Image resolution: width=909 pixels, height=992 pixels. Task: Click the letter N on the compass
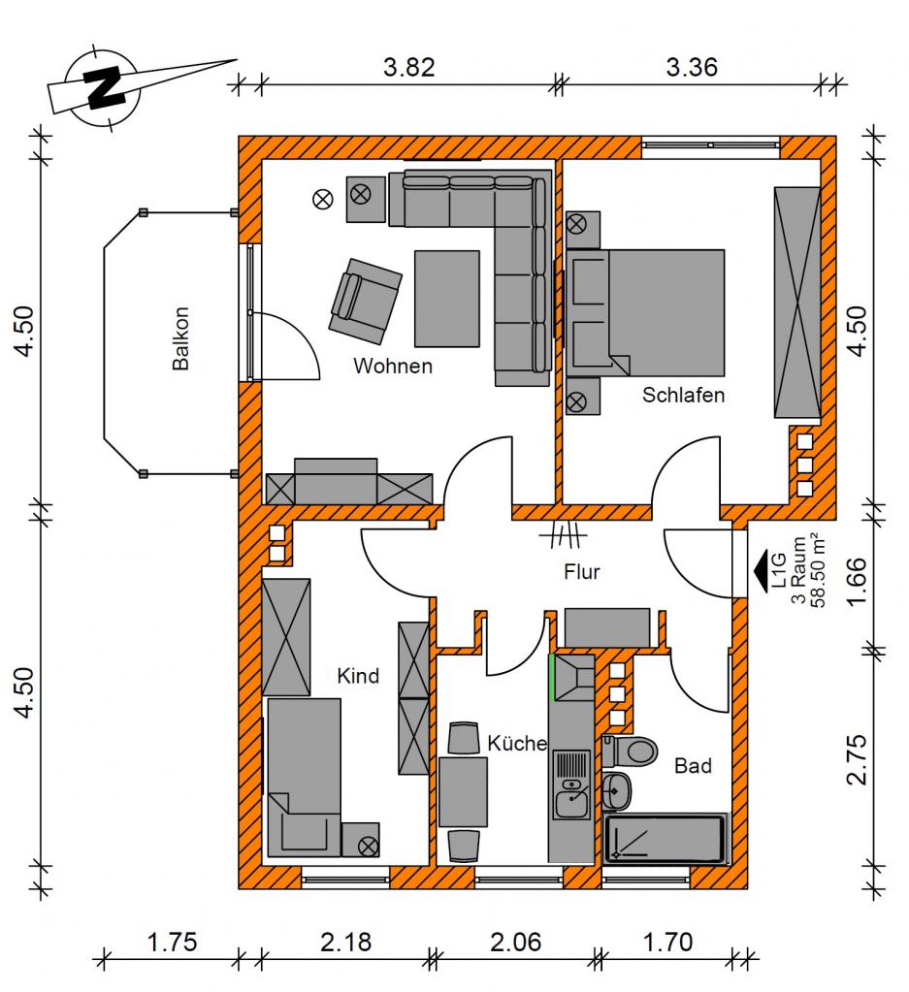[105, 86]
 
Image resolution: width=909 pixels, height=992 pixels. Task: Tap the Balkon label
[181, 338]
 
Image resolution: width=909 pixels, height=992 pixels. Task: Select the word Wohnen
[393, 366]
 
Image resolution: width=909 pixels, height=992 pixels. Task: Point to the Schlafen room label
[683, 395]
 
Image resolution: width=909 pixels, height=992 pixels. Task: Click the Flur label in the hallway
[582, 572]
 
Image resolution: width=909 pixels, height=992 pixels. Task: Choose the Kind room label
[358, 676]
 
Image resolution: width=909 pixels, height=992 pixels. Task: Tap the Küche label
[517, 743]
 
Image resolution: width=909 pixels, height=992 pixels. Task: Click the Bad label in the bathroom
[693, 766]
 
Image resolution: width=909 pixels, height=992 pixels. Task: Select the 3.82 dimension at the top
[409, 67]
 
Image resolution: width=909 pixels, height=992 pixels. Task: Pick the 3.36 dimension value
[692, 67]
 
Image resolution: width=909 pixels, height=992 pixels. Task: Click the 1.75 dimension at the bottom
[172, 942]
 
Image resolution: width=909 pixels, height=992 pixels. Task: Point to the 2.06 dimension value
[516, 942]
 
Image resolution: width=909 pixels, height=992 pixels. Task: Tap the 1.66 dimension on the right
[857, 582]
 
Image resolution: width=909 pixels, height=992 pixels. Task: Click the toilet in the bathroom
[631, 751]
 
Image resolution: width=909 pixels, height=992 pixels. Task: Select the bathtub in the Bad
[665, 839]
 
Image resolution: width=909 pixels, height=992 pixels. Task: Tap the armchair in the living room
[365, 302]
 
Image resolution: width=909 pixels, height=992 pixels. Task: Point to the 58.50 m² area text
[818, 571]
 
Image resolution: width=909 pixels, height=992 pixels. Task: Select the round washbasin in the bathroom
[616, 791]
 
